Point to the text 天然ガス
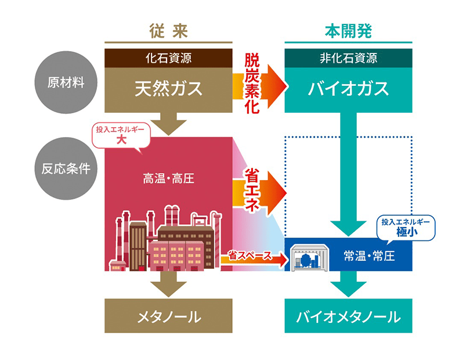coord(169,89)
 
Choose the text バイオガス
coord(348,89)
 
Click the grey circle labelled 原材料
coord(66,82)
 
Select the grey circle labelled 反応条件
coord(66,168)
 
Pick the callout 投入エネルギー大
coord(122,136)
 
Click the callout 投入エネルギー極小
coord(406,228)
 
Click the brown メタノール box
coord(169,317)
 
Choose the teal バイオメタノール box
coord(348,317)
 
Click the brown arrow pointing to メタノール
coord(169,285)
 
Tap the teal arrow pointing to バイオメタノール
coord(348,285)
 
